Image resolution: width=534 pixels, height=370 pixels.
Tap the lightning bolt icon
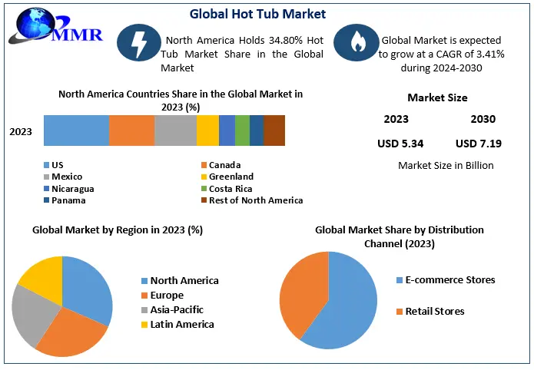[139, 44]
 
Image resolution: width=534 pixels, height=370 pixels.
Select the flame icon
[356, 44]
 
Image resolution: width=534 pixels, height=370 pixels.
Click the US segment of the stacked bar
[76, 130]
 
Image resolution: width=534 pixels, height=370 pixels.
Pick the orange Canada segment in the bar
[131, 130]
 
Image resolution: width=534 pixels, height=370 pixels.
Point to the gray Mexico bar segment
[175, 130]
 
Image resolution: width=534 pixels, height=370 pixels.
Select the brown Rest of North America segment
[274, 130]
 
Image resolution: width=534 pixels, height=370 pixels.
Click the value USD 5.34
[400, 143]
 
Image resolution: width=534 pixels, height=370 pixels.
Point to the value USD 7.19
[478, 143]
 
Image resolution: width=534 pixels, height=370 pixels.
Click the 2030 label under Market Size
[483, 119]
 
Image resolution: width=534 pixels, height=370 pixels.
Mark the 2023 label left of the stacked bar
[21, 132]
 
